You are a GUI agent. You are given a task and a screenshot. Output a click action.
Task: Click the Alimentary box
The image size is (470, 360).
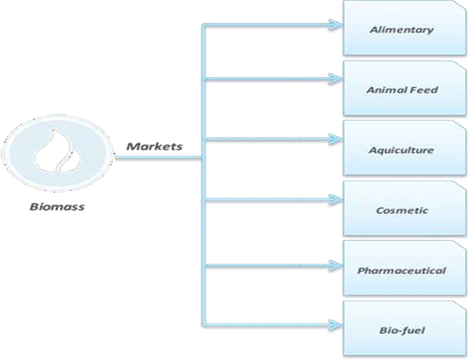point(405,28)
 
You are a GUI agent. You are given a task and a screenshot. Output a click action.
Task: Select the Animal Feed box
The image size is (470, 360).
point(405,89)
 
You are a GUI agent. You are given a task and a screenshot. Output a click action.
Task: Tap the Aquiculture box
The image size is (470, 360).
point(405,148)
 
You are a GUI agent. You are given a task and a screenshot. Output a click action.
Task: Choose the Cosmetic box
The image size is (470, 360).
point(405,209)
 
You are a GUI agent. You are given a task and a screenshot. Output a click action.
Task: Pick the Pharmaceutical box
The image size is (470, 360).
point(405,268)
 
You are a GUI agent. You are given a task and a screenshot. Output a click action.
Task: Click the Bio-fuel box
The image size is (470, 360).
point(405,329)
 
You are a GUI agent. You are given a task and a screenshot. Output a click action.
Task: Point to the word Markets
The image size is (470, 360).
point(155,146)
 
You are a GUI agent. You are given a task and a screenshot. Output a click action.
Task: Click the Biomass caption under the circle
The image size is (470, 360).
point(57,207)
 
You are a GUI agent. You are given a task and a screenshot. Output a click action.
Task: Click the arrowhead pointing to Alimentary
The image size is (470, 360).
point(336,25)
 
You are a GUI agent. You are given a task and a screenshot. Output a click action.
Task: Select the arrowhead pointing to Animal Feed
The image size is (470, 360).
point(336,79)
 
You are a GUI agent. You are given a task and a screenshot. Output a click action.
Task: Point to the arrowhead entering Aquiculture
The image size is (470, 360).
point(336,139)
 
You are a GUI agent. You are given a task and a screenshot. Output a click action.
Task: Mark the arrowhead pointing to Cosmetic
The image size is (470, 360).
point(336,199)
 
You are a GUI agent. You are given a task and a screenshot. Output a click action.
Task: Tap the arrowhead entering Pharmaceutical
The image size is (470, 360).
point(336,265)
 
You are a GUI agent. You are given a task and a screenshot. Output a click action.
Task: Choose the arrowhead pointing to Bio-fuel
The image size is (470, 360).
point(336,325)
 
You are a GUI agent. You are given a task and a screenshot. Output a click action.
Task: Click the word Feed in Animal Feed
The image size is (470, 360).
point(424,90)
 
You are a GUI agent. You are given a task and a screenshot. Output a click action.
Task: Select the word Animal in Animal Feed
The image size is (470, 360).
point(386,90)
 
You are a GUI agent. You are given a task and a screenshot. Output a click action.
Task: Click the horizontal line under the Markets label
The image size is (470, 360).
point(159,157)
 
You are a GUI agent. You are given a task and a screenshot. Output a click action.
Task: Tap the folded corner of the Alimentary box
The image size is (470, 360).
point(461,6)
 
